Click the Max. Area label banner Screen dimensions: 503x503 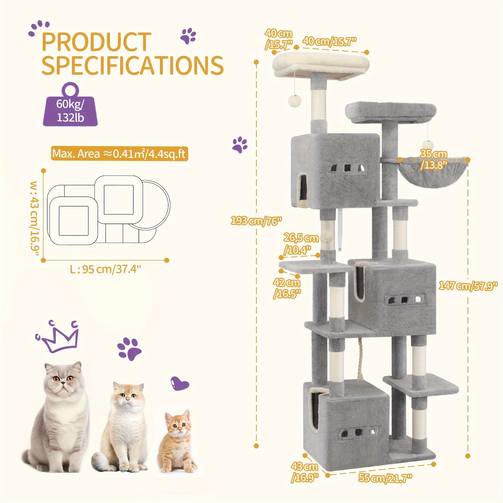(119, 154)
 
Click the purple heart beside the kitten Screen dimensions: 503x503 (179, 383)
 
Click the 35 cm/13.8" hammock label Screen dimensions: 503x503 (434, 160)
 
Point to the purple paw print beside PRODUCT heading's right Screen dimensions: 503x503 (188, 36)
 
